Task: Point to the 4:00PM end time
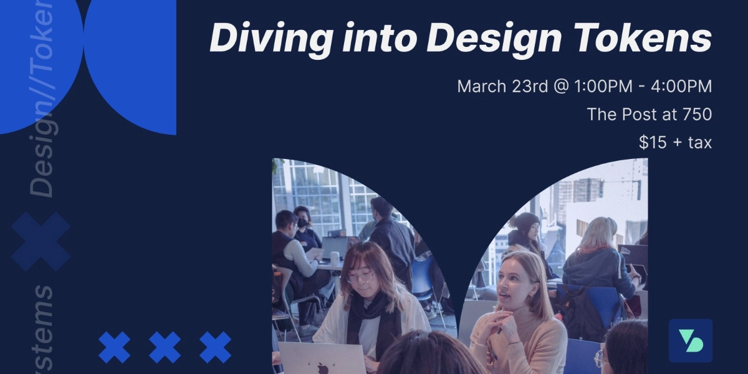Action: pos(681,86)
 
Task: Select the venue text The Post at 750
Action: pos(649,115)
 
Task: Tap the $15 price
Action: pos(652,143)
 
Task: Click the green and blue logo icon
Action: pos(690,340)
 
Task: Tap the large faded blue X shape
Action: pos(41,241)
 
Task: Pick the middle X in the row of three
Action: pos(165,347)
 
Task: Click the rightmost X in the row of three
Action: pos(215,347)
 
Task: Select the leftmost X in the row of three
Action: pos(115,347)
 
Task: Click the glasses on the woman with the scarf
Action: pos(362,276)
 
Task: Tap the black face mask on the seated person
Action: pos(302,222)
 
